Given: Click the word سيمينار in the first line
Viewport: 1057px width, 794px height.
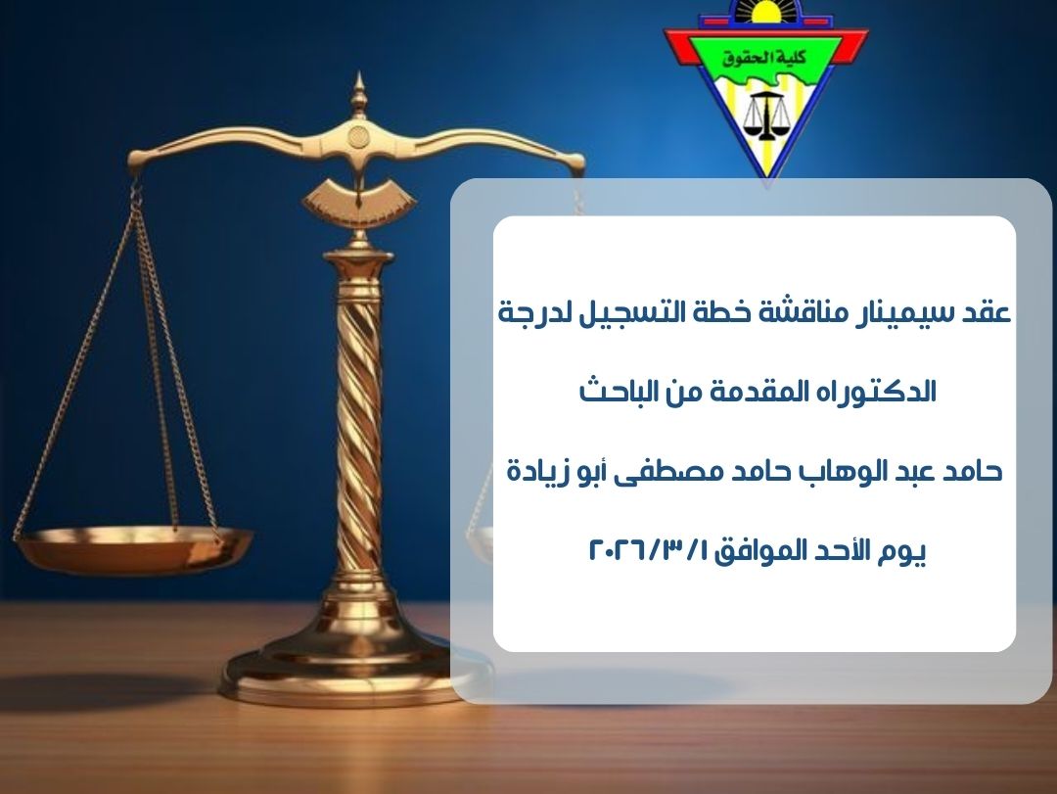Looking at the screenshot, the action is click(x=902, y=313).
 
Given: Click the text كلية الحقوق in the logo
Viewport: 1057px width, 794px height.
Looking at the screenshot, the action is click(x=765, y=58).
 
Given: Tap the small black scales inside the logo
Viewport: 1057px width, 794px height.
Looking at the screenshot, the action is click(x=766, y=117).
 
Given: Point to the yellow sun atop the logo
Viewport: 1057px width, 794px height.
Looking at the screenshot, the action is click(x=765, y=10).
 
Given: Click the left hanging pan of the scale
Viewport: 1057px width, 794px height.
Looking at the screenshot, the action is click(x=133, y=548).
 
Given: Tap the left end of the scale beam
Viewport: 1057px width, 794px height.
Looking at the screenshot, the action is click(x=137, y=160).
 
